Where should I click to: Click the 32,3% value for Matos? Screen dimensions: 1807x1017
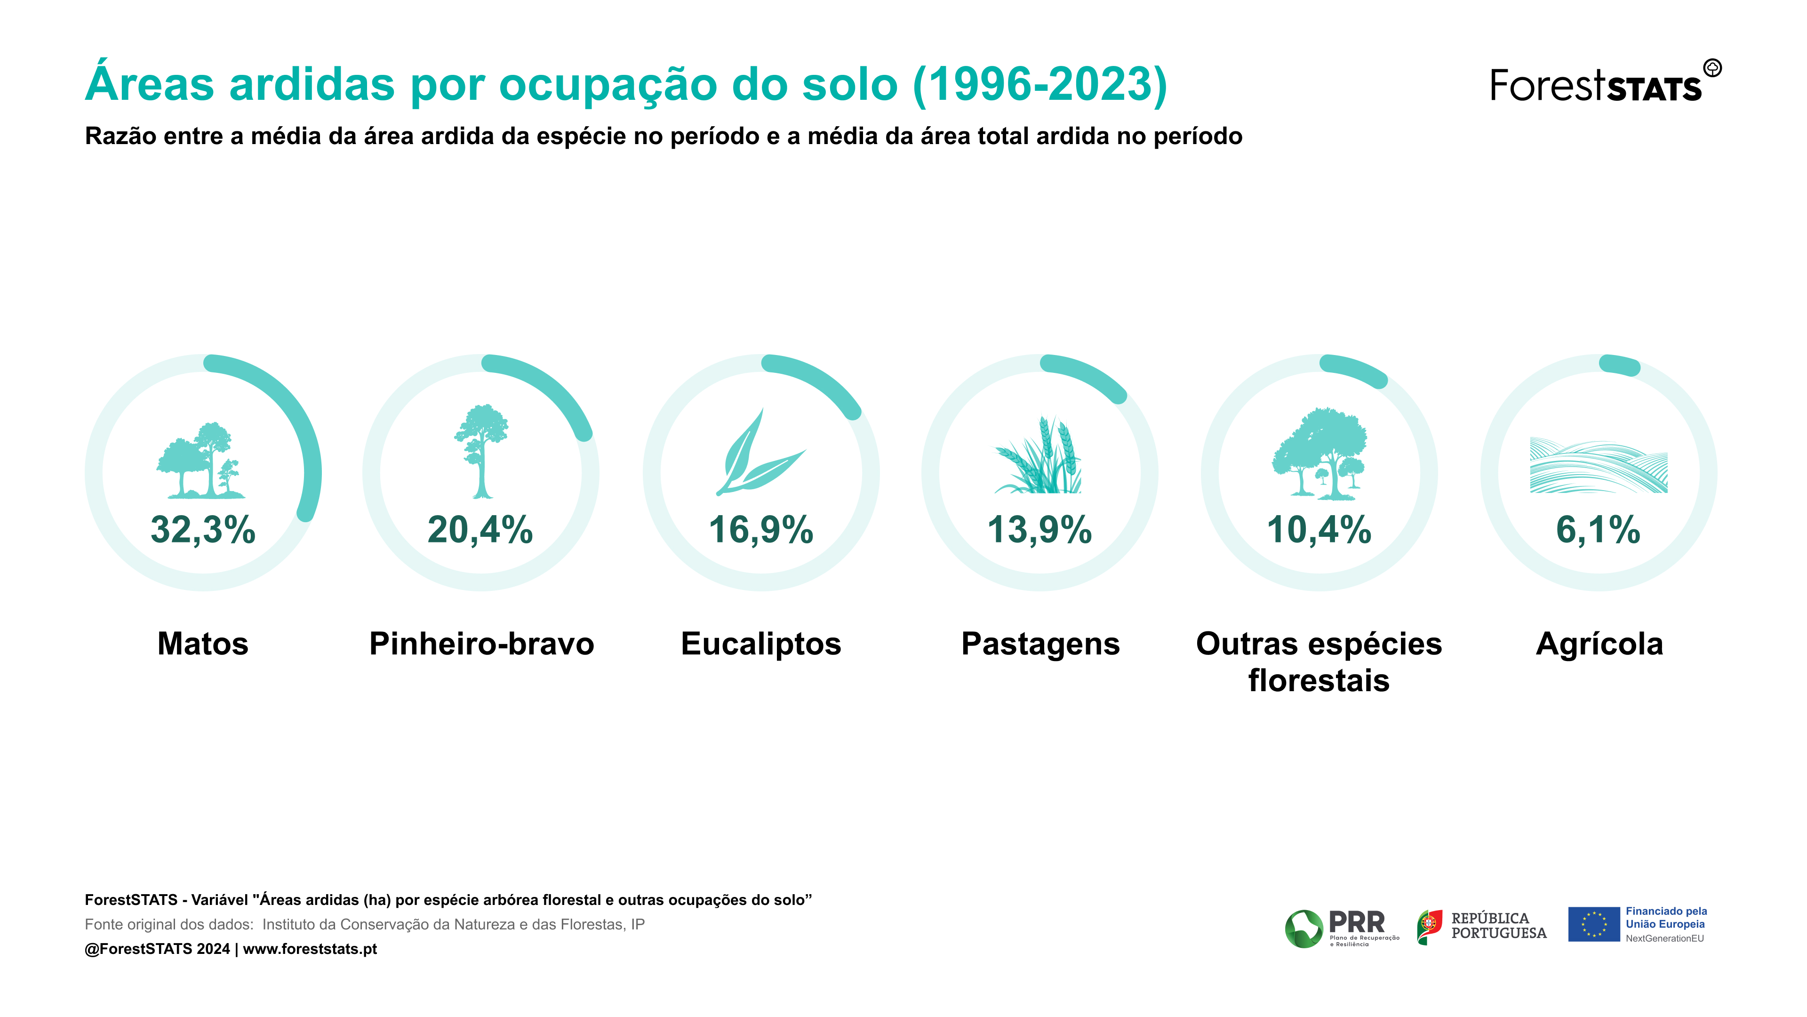coord(203,530)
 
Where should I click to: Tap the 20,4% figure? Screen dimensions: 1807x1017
coord(480,530)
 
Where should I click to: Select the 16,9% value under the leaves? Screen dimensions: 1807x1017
coord(761,530)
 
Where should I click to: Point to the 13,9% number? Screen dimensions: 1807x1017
coord(1039,530)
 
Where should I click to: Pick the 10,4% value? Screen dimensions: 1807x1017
coord(1319,530)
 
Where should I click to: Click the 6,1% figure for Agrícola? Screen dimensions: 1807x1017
coord(1599,530)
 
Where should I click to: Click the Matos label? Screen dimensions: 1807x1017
coord(203,644)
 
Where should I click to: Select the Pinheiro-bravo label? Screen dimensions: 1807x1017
coord(482,644)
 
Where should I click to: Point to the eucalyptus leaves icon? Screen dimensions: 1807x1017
coord(760,452)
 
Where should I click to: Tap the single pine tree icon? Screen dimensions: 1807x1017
coord(481,452)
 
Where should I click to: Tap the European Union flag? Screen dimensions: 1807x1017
coord(1594,924)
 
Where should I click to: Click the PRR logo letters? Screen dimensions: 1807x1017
coord(1357,921)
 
